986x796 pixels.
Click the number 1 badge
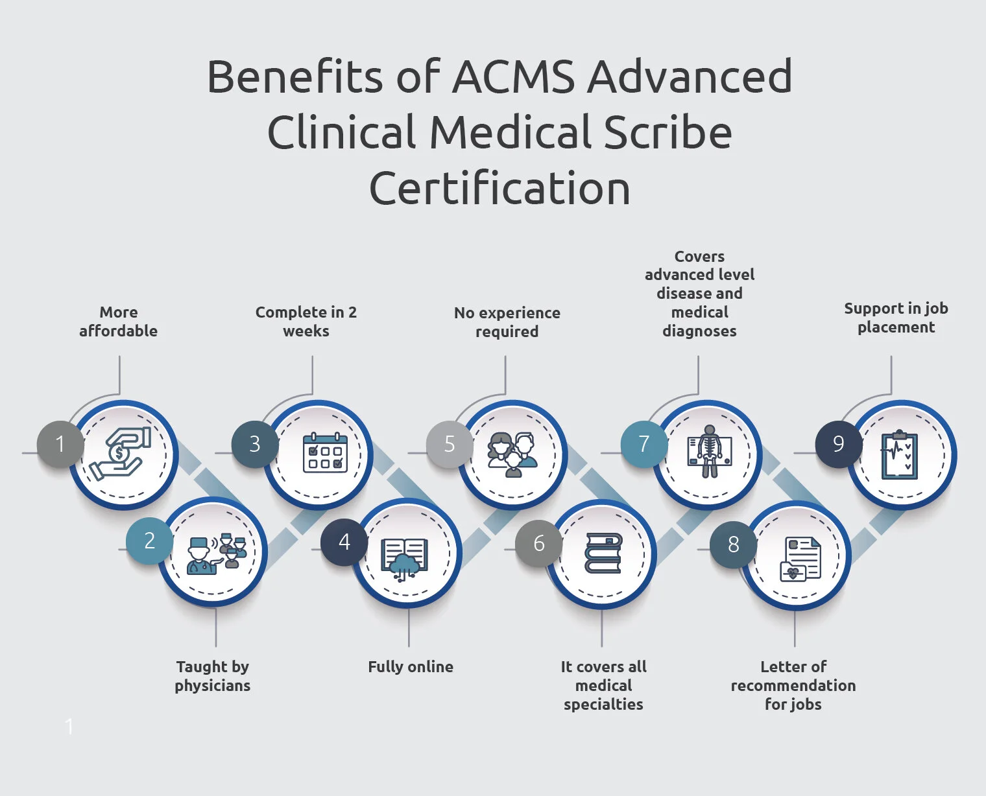click(60, 445)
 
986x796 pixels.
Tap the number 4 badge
click(344, 542)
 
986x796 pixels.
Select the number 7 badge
click(643, 444)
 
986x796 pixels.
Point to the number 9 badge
click(838, 444)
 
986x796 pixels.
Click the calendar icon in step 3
click(325, 452)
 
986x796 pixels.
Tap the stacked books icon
click(603, 553)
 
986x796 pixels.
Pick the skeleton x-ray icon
click(709, 451)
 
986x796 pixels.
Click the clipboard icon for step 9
click(899, 455)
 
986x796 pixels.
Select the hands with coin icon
click(120, 454)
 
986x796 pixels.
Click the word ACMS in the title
click(513, 76)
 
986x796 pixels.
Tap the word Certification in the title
click(499, 189)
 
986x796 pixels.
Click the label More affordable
click(119, 322)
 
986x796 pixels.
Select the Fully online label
click(411, 666)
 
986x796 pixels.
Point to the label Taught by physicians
click(213, 676)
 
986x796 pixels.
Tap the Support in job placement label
click(896, 318)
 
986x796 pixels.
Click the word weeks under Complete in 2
click(306, 331)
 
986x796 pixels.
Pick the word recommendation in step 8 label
click(793, 685)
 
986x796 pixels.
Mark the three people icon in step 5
click(513, 454)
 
